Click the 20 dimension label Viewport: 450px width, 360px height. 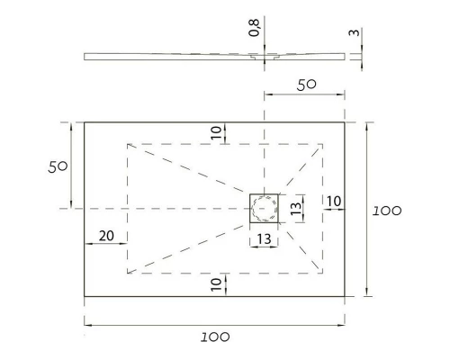[106, 236]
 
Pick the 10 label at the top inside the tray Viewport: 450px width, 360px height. [216, 132]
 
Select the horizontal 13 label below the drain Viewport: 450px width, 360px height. [265, 238]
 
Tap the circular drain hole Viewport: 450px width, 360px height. [265, 208]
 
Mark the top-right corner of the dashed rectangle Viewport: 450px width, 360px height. [324, 143]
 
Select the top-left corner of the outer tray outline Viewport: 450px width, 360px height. [85, 122]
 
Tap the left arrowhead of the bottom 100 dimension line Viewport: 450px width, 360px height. [87, 324]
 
